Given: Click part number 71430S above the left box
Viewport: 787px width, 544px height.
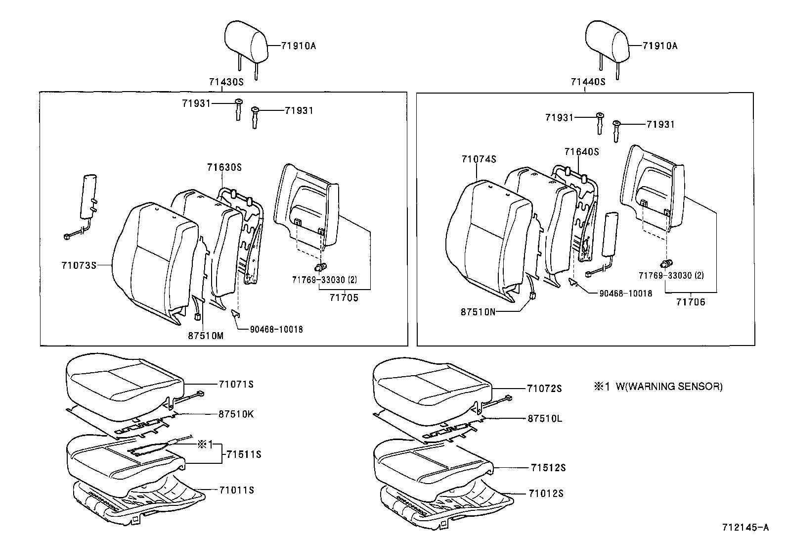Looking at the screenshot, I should [x=227, y=82].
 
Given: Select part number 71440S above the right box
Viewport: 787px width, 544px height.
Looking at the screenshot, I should [x=588, y=82].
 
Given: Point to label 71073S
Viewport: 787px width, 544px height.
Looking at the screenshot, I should [x=79, y=265].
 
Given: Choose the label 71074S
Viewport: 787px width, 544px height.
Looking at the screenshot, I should [x=479, y=159].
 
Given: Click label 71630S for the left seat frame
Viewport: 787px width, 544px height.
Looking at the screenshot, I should [x=224, y=167].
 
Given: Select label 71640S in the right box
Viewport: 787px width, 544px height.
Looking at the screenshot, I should [x=581, y=152].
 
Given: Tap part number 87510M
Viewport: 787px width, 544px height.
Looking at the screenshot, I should [x=205, y=336].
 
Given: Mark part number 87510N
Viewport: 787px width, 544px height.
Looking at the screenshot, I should [x=478, y=312].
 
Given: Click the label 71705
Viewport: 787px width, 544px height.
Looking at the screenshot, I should [x=344, y=298].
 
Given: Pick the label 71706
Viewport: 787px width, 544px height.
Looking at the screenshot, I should [x=691, y=302].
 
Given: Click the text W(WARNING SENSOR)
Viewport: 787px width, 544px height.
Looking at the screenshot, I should [x=669, y=387].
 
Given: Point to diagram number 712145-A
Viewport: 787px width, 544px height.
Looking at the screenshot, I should [x=746, y=528].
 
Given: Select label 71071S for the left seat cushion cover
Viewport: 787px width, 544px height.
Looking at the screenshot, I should [x=236, y=384].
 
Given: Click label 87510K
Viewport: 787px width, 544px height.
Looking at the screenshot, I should [x=236, y=414].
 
